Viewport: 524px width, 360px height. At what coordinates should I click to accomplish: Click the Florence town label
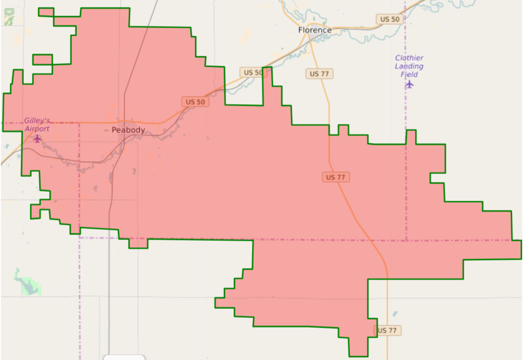[315, 30]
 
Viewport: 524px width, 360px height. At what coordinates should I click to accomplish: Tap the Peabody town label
[128, 130]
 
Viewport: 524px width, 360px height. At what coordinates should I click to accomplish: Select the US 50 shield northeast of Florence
[390, 19]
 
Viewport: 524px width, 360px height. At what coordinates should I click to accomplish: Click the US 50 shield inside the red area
[195, 102]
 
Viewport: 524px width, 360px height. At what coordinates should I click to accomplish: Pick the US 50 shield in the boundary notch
[253, 73]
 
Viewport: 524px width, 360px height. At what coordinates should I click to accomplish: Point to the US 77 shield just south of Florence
[319, 74]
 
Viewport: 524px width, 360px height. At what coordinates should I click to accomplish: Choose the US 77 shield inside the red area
[336, 177]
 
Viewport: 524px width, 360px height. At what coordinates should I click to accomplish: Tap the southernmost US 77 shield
[387, 330]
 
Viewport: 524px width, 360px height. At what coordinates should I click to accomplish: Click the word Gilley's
[37, 121]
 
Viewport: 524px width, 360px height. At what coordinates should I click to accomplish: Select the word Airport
[37, 129]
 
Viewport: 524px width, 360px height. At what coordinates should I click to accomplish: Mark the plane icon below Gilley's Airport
[37, 138]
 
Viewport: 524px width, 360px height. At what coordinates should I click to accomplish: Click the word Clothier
[409, 58]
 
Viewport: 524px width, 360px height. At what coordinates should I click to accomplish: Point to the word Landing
[409, 67]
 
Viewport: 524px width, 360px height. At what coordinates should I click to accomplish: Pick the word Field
[409, 74]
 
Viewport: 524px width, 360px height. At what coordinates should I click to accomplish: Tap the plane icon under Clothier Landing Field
[409, 84]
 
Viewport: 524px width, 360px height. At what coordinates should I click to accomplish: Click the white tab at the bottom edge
[124, 357]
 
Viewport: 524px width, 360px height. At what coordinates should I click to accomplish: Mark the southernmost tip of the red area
[358, 355]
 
